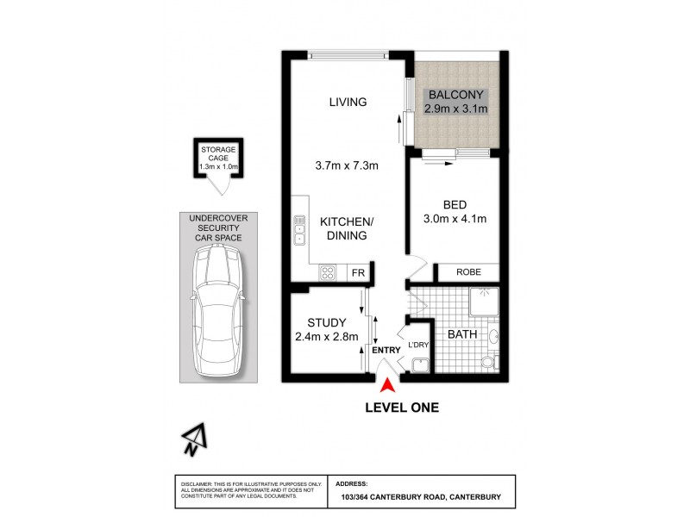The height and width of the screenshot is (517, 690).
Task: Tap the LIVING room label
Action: coord(348,102)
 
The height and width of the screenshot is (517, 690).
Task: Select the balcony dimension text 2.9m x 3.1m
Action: coord(456,109)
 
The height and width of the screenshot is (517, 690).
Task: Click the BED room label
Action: coord(454,205)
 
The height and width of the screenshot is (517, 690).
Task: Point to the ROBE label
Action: coord(467,271)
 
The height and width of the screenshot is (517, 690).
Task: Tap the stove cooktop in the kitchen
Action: coord(329,272)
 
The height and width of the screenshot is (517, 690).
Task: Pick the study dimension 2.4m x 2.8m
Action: coord(326,337)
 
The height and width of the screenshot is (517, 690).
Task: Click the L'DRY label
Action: coord(417,346)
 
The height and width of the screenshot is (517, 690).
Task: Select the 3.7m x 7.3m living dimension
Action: coord(347,166)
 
